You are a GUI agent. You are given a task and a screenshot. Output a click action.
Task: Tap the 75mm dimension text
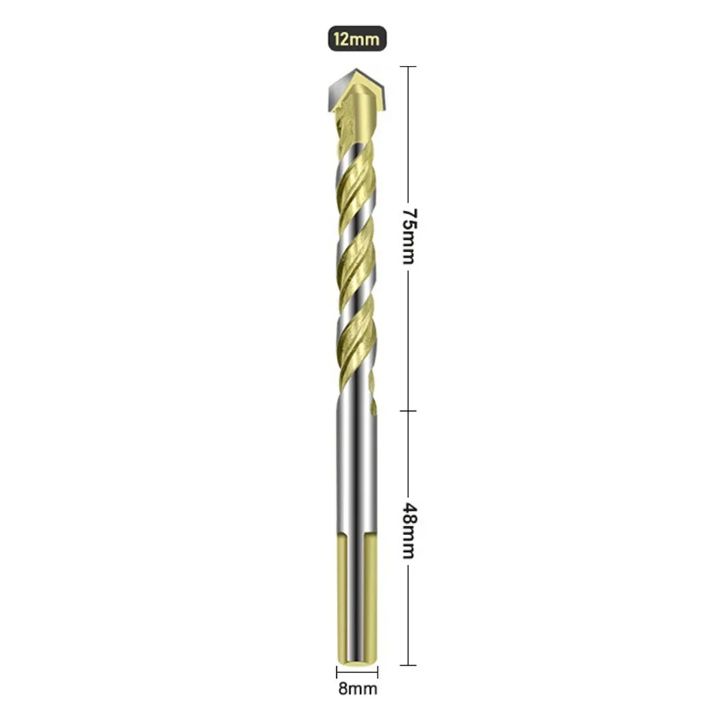click(x=408, y=235)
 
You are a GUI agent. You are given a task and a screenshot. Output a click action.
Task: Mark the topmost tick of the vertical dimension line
click(x=408, y=67)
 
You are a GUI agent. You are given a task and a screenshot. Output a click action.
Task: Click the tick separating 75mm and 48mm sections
click(x=408, y=411)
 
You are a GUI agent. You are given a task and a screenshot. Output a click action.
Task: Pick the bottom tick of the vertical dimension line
click(x=408, y=665)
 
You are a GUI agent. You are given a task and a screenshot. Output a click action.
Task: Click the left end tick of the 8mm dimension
click(x=334, y=672)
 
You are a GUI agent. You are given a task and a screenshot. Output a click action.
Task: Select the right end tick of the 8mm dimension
click(x=378, y=672)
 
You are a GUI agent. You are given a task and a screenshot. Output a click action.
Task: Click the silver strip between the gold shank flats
click(x=357, y=595)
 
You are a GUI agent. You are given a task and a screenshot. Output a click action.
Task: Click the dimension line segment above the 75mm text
click(x=408, y=133)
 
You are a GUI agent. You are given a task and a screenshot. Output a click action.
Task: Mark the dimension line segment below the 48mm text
click(x=408, y=616)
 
